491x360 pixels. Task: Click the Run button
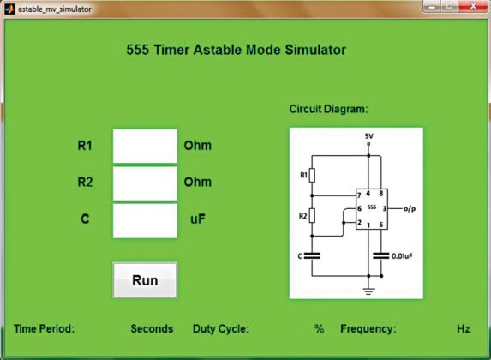pyautogui.click(x=145, y=280)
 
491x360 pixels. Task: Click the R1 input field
pyautogui.click(x=145, y=146)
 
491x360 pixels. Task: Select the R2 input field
pyautogui.click(x=145, y=183)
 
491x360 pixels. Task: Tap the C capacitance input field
pyautogui.click(x=145, y=220)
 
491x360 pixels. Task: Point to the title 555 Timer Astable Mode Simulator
pyautogui.click(x=236, y=50)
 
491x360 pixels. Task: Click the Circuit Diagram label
pyautogui.click(x=328, y=110)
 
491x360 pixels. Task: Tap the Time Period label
pyautogui.click(x=45, y=328)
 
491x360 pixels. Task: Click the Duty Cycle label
pyautogui.click(x=221, y=328)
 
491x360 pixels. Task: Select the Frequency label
pyautogui.click(x=368, y=328)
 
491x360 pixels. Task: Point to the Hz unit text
pyautogui.click(x=464, y=328)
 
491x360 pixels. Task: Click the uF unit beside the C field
pyautogui.click(x=198, y=219)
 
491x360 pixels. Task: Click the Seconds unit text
pyautogui.click(x=152, y=328)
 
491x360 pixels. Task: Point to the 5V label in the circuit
pyautogui.click(x=368, y=135)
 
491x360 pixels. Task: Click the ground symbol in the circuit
pyautogui.click(x=369, y=290)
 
